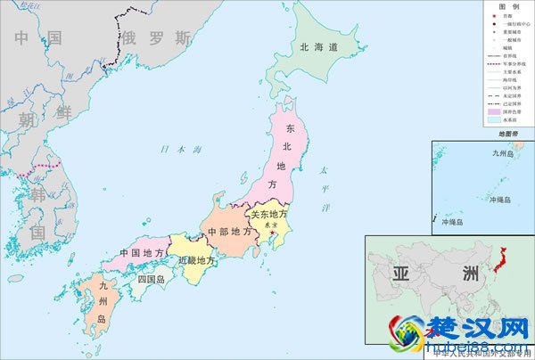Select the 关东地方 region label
point(268,215)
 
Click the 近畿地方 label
point(196,261)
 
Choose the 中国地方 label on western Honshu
point(142,253)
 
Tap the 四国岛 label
point(152,279)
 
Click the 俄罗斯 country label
point(157,37)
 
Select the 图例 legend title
point(509,7)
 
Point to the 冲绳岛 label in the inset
point(498,200)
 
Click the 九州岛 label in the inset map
point(503,152)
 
